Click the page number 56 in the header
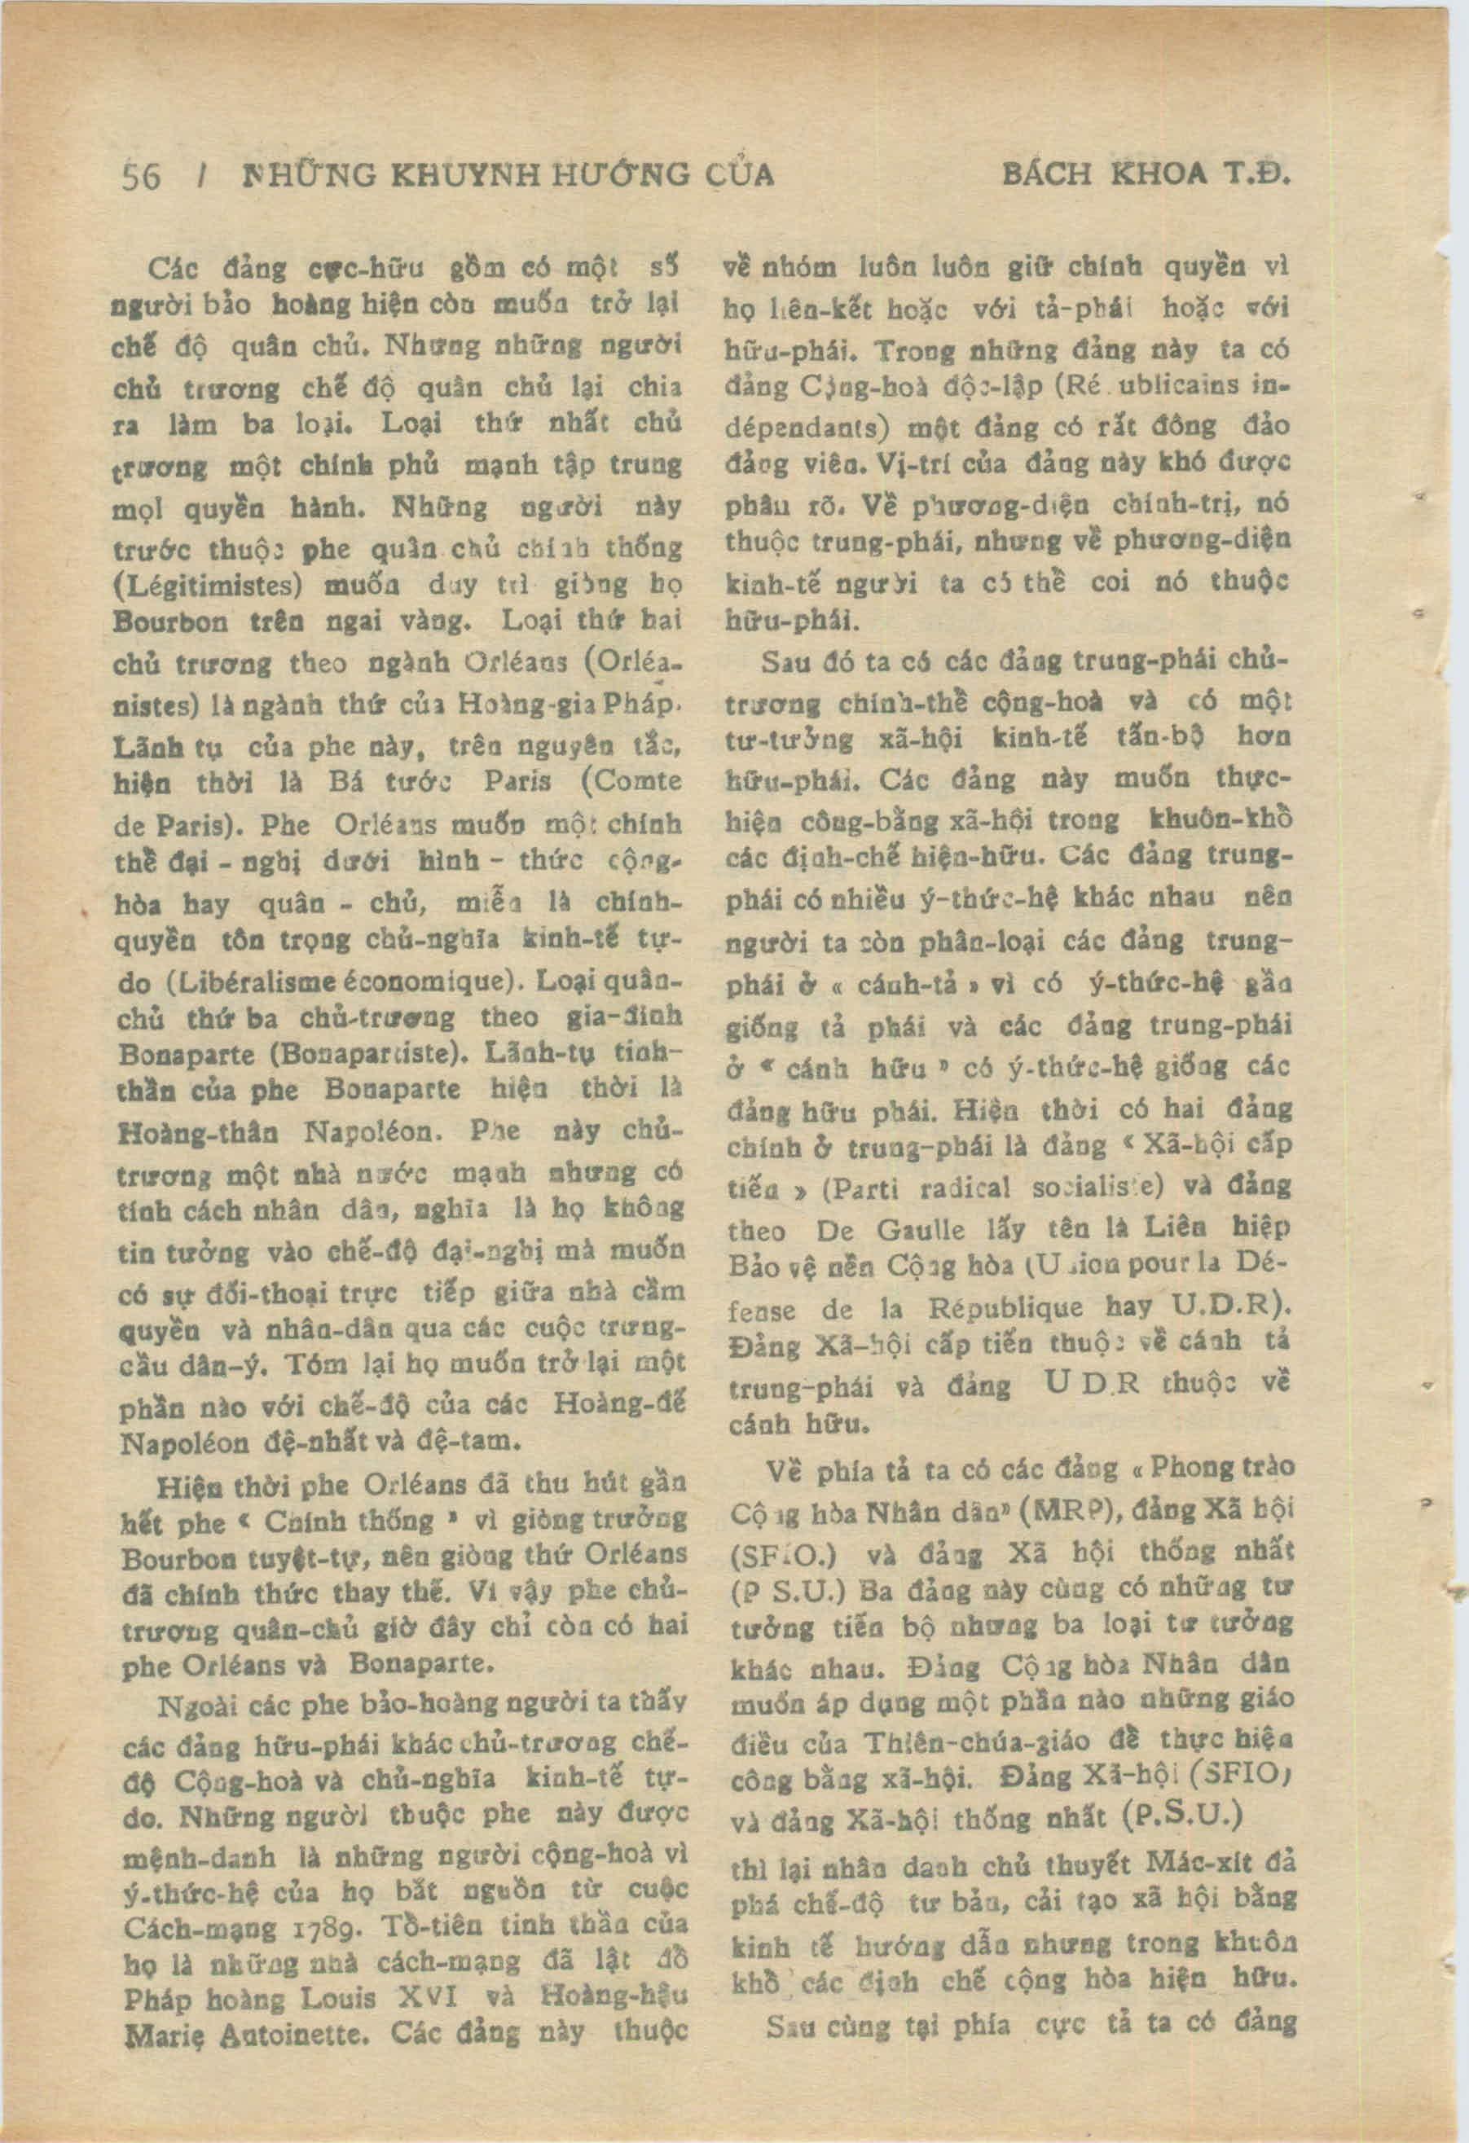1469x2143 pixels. click(141, 175)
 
